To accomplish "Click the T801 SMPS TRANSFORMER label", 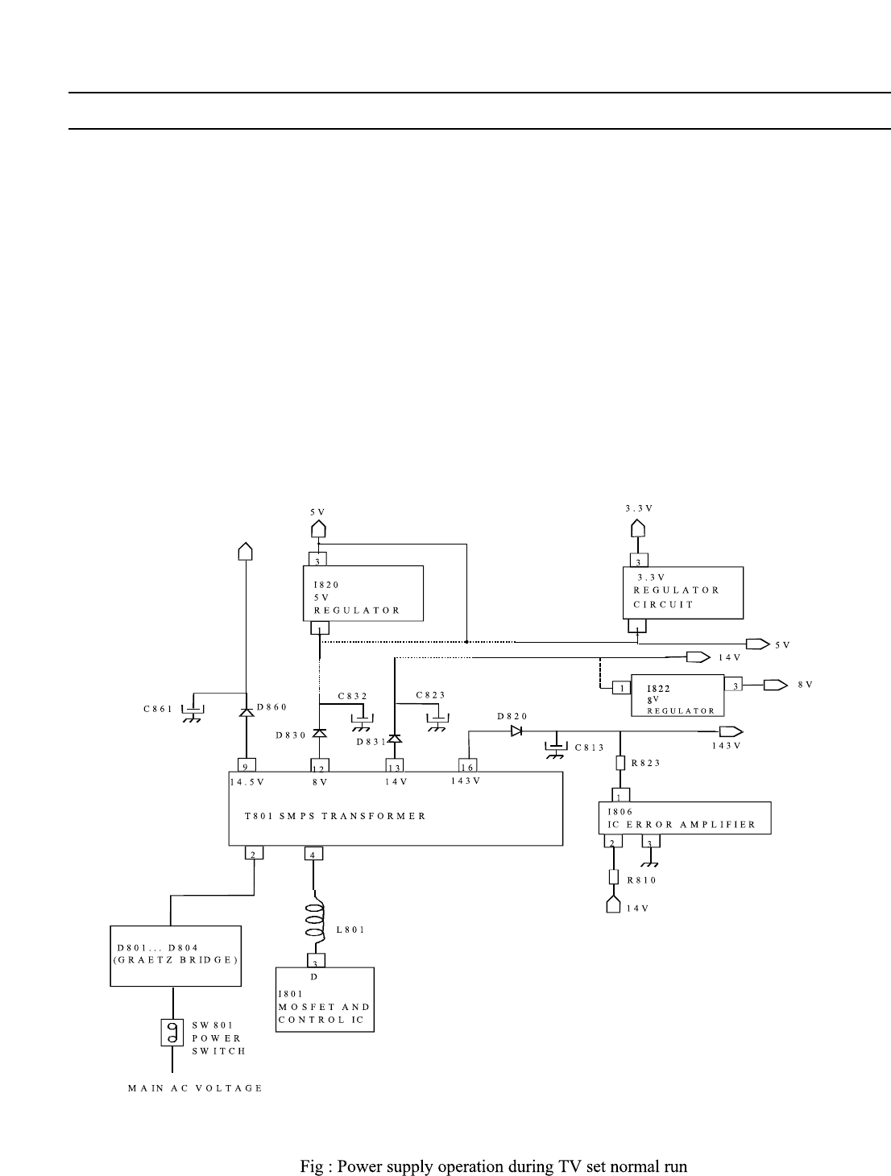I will click(x=335, y=816).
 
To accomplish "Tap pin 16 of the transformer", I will click(x=468, y=766).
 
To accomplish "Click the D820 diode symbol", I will click(x=516, y=731).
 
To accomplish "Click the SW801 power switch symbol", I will click(x=172, y=1033).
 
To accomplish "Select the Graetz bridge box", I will click(x=176, y=955).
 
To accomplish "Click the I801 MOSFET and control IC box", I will click(x=325, y=1000).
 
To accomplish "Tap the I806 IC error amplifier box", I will click(x=685, y=818).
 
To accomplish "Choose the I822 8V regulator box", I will click(x=678, y=694).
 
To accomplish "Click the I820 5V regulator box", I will click(x=363, y=593).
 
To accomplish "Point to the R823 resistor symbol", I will click(x=620, y=763).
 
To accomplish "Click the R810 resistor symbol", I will click(x=614, y=877).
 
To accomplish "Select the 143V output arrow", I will click(x=731, y=731).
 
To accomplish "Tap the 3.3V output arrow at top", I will click(x=637, y=528).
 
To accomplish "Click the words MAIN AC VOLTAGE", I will click(x=196, y=1088).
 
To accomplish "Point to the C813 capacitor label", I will click(x=589, y=747).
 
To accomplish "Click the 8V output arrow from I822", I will click(x=775, y=685).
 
